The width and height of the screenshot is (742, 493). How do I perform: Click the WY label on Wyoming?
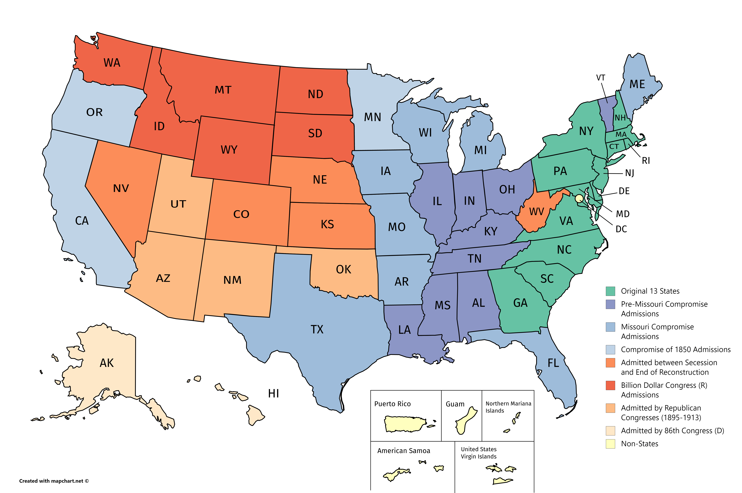point(229,150)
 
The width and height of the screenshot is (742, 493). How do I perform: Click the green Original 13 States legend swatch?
point(610,291)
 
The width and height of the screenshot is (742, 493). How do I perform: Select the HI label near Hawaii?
point(273,393)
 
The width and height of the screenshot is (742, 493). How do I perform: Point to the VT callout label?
point(601,78)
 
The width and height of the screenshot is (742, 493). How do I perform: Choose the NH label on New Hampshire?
point(620,118)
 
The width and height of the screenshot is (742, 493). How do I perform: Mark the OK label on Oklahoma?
point(343,269)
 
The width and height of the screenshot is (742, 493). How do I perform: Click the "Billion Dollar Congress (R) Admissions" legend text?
point(664,390)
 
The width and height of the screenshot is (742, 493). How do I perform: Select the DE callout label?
point(624,191)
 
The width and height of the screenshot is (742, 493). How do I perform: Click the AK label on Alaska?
point(106,363)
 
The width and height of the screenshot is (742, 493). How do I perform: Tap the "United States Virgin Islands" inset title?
point(478,453)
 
